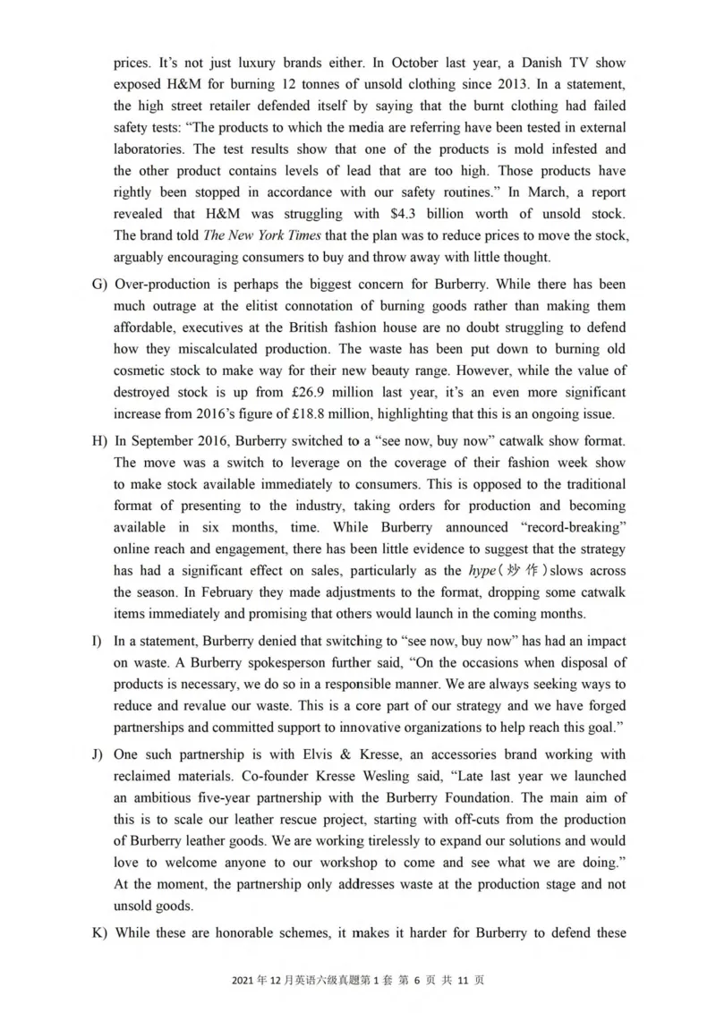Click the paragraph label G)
pyautogui.click(x=98, y=284)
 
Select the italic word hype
pyautogui.click(x=482, y=570)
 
